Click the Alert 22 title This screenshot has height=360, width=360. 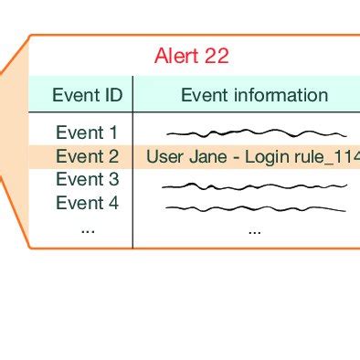(192, 56)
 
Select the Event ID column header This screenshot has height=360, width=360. (86, 95)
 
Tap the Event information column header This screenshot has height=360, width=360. (254, 95)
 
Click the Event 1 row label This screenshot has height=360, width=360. (87, 132)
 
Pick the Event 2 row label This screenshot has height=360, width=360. (87, 156)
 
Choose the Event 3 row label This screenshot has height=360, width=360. (87, 179)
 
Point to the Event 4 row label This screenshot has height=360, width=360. (87, 203)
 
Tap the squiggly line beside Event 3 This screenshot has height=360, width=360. (254, 185)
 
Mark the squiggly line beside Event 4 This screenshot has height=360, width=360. (254, 208)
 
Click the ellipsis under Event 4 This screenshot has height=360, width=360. (88, 229)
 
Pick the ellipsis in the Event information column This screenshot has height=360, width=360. (254, 229)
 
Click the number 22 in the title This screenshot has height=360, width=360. (217, 56)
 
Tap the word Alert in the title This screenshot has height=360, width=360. (175, 56)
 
